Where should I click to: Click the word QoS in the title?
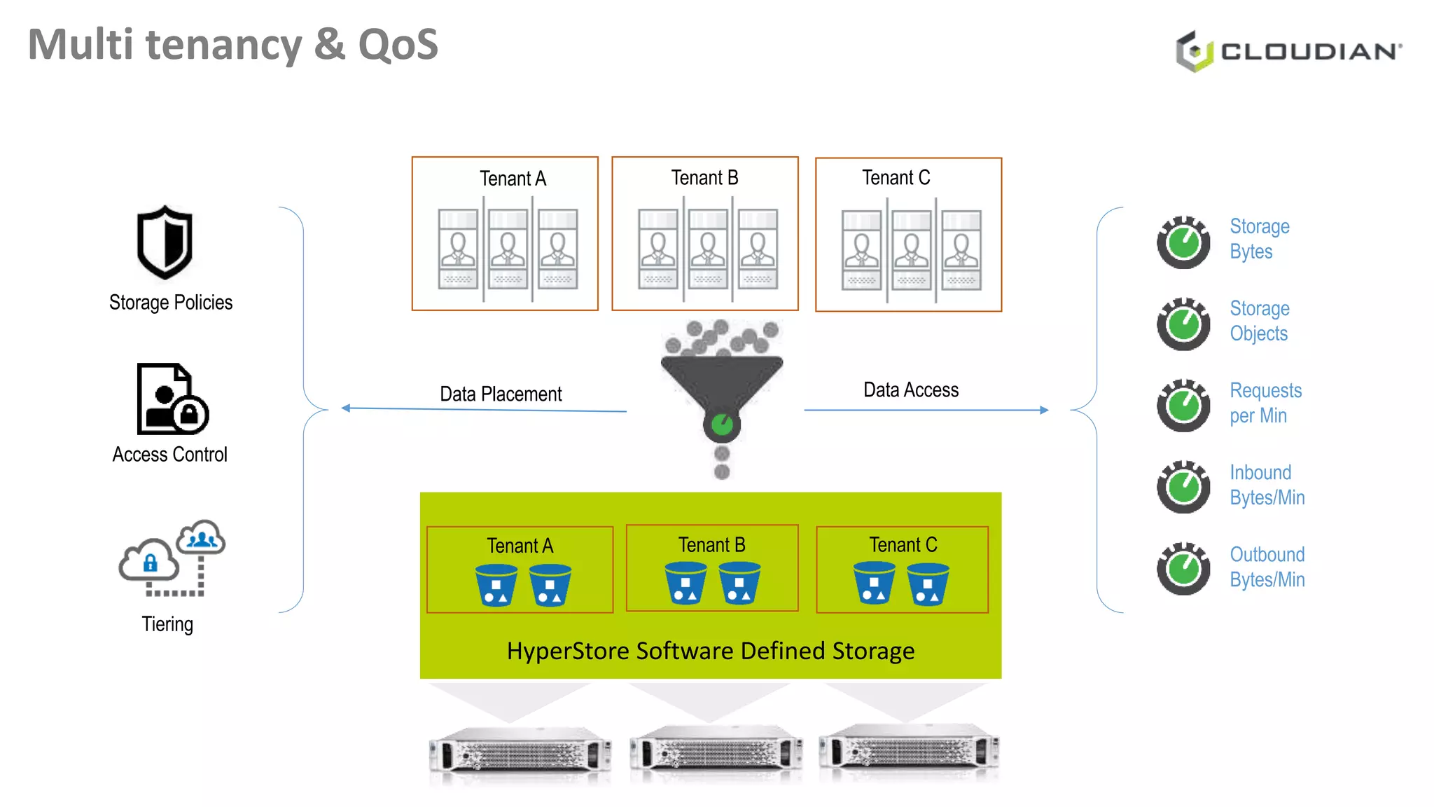click(x=398, y=45)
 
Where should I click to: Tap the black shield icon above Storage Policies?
click(x=165, y=242)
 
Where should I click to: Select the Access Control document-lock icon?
click(x=172, y=399)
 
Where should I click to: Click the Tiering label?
click(x=167, y=623)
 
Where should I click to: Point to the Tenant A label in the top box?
click(x=513, y=179)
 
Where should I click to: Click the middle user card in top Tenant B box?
click(x=708, y=249)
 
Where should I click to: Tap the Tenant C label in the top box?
click(x=896, y=178)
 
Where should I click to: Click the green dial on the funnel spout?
click(x=722, y=424)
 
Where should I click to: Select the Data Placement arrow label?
click(x=501, y=394)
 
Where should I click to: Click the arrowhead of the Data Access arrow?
click(x=1044, y=410)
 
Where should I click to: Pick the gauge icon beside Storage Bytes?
click(x=1183, y=242)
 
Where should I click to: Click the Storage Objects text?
click(x=1259, y=321)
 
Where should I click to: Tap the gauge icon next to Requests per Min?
click(x=1183, y=406)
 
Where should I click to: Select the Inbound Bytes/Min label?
click(x=1267, y=485)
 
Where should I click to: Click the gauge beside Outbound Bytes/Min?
click(x=1183, y=568)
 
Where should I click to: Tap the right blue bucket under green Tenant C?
click(x=928, y=584)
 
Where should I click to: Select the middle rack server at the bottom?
click(x=716, y=753)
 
